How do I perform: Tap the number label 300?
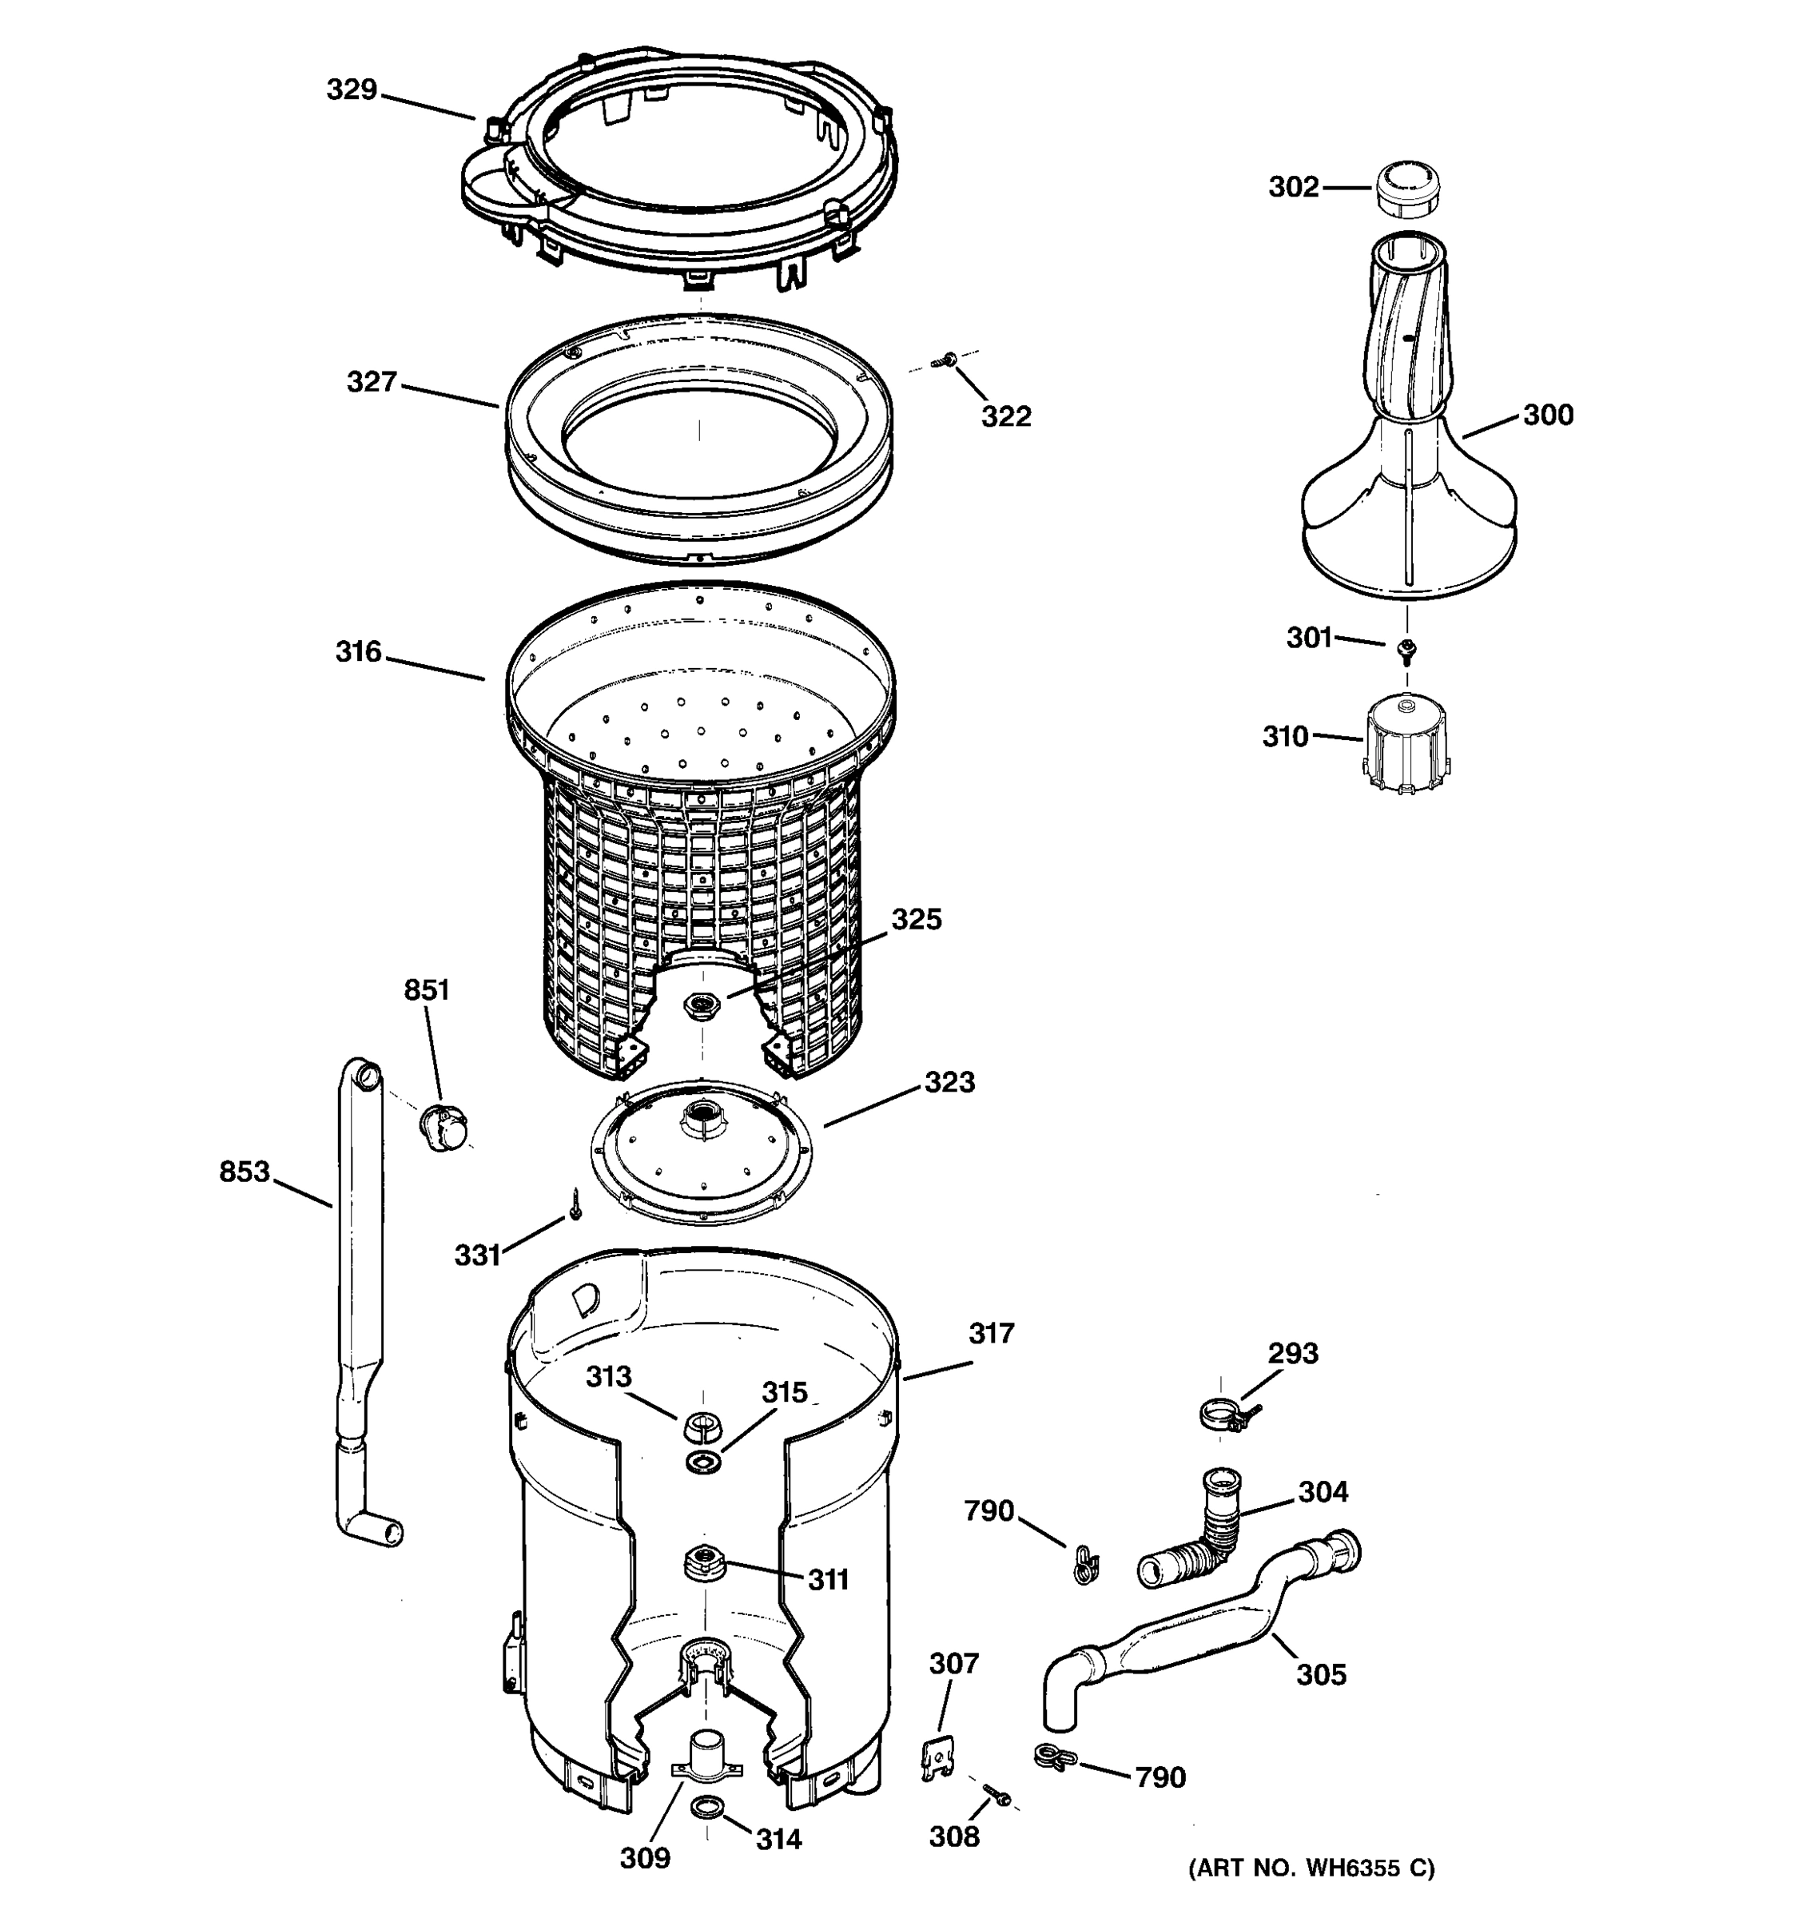[1547, 415]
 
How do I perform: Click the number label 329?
[351, 90]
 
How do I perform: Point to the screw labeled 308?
[996, 1794]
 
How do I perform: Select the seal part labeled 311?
[703, 1560]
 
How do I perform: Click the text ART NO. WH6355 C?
[1311, 1868]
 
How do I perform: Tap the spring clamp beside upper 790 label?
[1084, 1563]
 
